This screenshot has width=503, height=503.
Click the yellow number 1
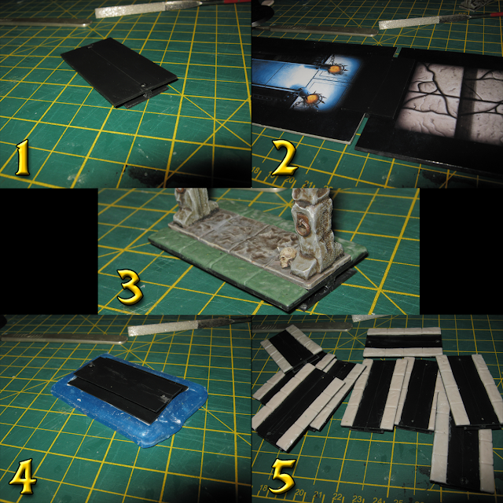tap(23, 157)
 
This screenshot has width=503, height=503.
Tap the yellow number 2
tap(285, 157)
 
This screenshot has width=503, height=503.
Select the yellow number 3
tap(130, 287)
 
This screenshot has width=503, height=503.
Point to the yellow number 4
tap(23, 476)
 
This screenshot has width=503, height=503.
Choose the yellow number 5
tap(283, 475)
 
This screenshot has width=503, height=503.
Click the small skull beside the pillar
tap(288, 257)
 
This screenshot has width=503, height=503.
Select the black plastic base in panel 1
tap(119, 72)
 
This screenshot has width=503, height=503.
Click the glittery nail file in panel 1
tap(149, 9)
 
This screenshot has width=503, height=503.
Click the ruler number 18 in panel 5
tap(263, 488)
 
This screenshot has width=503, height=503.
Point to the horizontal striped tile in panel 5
tap(403, 342)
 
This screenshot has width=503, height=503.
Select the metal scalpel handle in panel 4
tap(64, 337)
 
